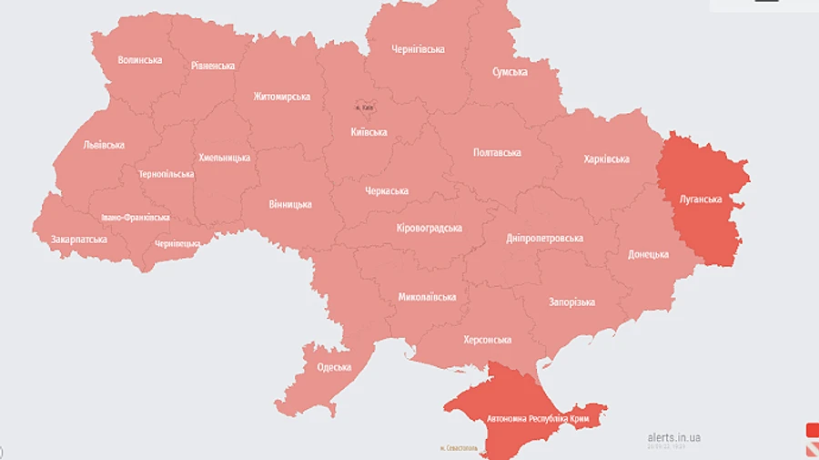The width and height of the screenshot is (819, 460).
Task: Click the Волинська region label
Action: click(x=140, y=60)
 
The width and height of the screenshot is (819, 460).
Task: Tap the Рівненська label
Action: click(x=213, y=66)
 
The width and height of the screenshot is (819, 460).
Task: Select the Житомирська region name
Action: click(x=282, y=97)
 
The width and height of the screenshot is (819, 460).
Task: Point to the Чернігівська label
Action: click(x=418, y=48)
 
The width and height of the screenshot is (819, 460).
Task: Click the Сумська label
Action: click(x=511, y=71)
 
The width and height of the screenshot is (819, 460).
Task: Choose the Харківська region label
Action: click(x=606, y=159)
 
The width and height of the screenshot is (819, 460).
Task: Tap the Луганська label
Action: click(x=701, y=199)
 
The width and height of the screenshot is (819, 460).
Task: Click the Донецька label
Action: click(x=648, y=254)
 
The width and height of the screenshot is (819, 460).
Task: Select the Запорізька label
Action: click(x=571, y=302)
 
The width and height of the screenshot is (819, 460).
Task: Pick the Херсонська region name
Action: click(x=487, y=340)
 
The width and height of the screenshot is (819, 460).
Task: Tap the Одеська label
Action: click(x=334, y=367)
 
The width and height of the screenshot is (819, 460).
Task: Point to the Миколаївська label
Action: click(x=427, y=297)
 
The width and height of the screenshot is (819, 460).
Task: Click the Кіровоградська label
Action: click(x=430, y=228)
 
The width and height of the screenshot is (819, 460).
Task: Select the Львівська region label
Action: click(x=104, y=145)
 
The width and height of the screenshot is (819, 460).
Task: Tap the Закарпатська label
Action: click(x=79, y=240)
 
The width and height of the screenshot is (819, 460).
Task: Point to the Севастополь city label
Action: click(x=459, y=448)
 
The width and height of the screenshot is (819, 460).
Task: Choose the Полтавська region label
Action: click(x=498, y=152)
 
